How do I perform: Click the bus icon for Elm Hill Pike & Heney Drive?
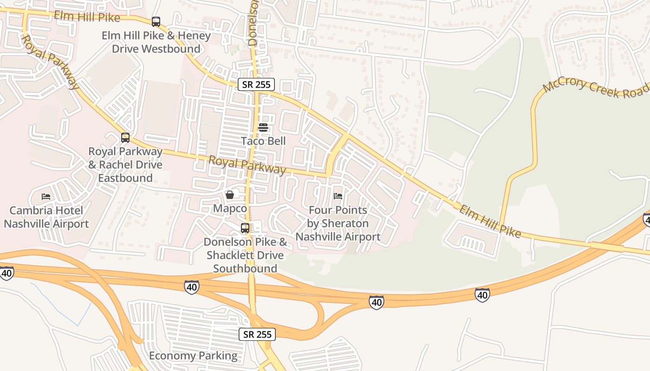pos(156,22)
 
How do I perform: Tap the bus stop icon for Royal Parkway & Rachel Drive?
pos(125,138)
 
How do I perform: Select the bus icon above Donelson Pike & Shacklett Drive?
pos(245,228)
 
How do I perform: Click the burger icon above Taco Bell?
pos(263,128)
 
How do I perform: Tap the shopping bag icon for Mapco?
pos(230,195)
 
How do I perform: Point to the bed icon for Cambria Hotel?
pos(46,197)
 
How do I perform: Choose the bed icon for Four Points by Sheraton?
pos(338,196)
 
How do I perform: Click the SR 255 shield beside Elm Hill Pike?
pos(256,84)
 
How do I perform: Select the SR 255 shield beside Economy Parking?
pos(257,334)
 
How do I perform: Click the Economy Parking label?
pos(193,356)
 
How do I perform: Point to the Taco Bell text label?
pos(263,141)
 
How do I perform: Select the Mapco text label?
pos(230,209)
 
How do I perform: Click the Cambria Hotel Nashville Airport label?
pos(46,217)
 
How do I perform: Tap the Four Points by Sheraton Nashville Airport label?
pos(338,224)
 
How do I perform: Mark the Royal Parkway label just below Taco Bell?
pos(247,166)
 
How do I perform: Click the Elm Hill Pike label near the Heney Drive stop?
pos(87,17)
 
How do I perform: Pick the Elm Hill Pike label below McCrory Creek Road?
pos(490,221)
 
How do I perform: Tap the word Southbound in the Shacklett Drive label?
pos(245,269)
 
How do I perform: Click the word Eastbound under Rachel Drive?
pos(125,178)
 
